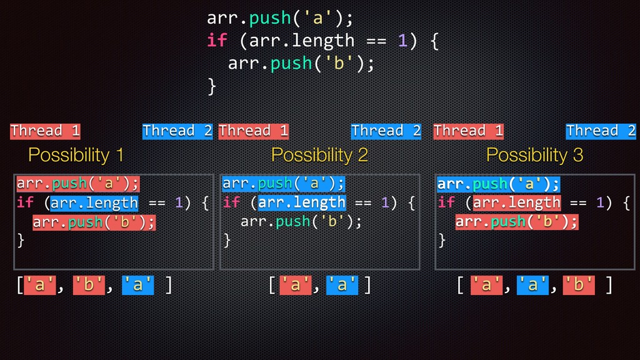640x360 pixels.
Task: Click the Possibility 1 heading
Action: click(76, 155)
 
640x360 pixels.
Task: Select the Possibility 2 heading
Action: click(319, 155)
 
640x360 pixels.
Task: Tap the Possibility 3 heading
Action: click(534, 155)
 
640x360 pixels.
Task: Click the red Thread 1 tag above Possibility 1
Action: click(45, 131)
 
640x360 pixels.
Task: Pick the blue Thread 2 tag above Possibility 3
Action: click(601, 131)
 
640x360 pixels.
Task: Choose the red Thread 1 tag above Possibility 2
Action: click(254, 131)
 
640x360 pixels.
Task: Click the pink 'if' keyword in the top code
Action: click(217, 41)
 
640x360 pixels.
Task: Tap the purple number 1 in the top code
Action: click(403, 41)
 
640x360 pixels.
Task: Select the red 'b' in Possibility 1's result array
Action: click(88, 285)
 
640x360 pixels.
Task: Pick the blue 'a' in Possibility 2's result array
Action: click(342, 285)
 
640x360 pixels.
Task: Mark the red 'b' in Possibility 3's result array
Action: click(579, 285)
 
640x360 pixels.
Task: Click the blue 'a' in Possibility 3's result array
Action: click(532, 285)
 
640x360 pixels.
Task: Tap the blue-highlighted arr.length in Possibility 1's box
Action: click(94, 203)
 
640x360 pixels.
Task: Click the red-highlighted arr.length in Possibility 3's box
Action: click(517, 203)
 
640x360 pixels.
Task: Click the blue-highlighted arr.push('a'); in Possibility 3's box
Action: click(498, 184)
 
